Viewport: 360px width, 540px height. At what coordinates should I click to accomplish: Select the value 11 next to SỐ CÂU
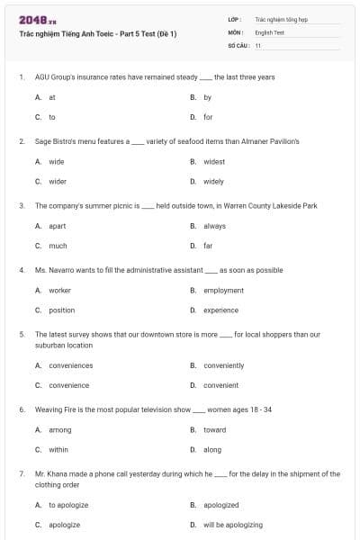(258, 44)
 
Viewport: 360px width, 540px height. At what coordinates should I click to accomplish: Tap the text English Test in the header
(270, 31)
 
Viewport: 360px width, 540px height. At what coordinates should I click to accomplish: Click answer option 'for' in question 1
(208, 117)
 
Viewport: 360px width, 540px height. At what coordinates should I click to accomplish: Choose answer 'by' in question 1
(208, 97)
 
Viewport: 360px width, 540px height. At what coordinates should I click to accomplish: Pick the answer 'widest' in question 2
(214, 162)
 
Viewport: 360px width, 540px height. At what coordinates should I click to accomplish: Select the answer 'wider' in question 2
(57, 181)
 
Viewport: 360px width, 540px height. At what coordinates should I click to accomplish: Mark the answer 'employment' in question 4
(223, 291)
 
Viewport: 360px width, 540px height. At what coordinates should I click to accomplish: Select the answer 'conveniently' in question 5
(223, 365)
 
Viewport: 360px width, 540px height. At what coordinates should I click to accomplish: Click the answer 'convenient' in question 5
(220, 385)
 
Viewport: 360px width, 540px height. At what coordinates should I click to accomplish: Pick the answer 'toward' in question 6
(214, 430)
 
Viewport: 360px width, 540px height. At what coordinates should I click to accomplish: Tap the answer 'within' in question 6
(58, 450)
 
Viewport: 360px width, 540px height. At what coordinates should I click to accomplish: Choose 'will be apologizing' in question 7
(233, 525)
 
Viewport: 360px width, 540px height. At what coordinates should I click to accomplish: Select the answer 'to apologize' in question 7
(68, 505)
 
